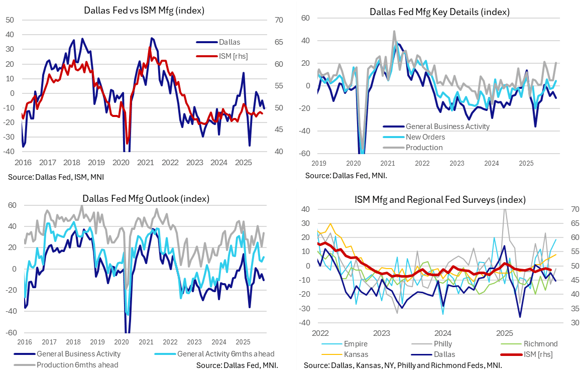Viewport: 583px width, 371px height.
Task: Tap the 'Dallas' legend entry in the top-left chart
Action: pyautogui.click(x=229, y=42)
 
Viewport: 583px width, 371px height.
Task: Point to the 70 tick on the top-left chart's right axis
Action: pyautogui.click(x=279, y=20)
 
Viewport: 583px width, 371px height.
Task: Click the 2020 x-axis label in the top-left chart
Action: pyautogui.click(x=121, y=163)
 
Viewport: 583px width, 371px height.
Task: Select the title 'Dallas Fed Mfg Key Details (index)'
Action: pyautogui.click(x=439, y=12)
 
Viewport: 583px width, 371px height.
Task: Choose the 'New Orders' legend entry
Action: pyautogui.click(x=425, y=137)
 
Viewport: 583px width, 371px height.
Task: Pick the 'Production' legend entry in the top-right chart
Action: pyautogui.click(x=424, y=147)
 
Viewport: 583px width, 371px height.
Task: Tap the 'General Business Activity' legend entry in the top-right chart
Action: pyautogui.click(x=447, y=127)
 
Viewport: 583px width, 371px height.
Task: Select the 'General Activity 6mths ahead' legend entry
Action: pyautogui.click(x=225, y=354)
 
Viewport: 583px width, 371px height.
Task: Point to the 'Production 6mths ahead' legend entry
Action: pyautogui.click(x=77, y=364)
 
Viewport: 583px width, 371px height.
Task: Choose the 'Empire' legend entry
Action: pyautogui.click(x=356, y=344)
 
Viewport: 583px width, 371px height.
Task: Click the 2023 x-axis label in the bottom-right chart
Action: pyautogui.click(x=381, y=332)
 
